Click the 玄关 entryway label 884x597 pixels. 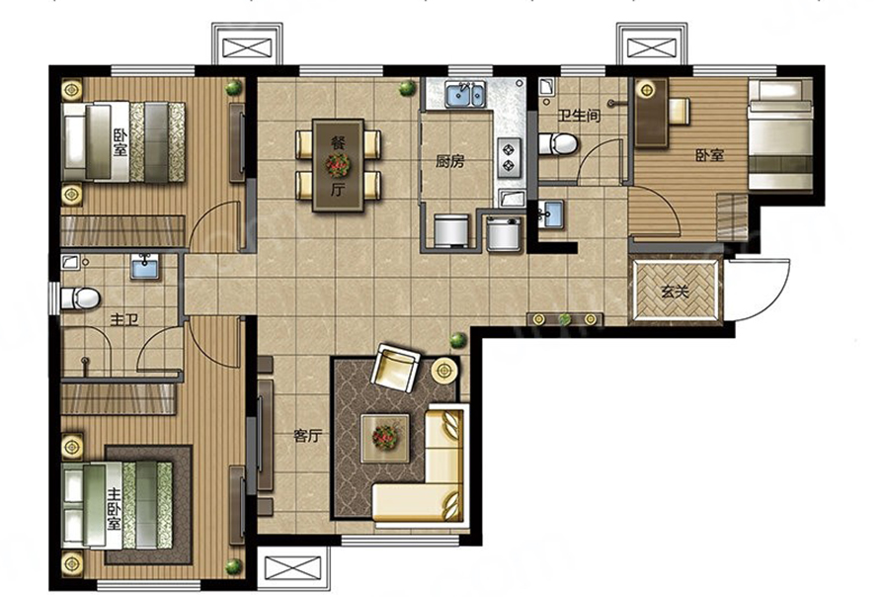(675, 293)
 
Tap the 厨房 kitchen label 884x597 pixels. (449, 162)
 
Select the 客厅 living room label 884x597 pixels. (307, 436)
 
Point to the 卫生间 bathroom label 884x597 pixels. (579, 115)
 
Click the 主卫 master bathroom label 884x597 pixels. (124, 320)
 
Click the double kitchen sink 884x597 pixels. (465, 94)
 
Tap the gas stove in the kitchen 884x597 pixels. (510, 157)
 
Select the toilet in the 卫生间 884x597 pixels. (558, 144)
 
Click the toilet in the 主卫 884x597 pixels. (80, 298)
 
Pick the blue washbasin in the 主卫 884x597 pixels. (145, 266)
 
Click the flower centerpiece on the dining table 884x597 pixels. (337, 165)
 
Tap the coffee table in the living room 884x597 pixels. (385, 438)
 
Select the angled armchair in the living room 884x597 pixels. (395, 367)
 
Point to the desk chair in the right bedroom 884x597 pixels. (679, 111)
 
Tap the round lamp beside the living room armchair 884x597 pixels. (444, 371)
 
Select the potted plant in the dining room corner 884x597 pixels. (406, 88)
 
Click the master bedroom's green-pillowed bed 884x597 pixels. (118, 505)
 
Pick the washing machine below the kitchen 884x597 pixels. (451, 229)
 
